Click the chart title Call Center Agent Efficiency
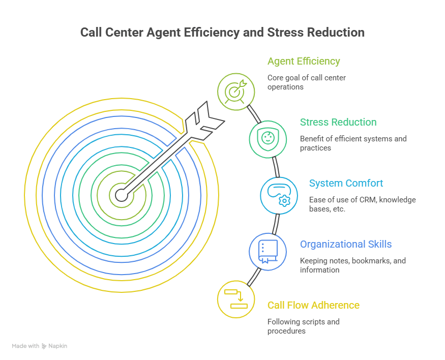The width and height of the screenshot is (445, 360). [x=222, y=33]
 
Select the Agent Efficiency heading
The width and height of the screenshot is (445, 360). [x=304, y=62]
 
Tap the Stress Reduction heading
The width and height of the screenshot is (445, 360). [x=338, y=123]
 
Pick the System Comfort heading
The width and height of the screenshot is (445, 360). [x=346, y=184]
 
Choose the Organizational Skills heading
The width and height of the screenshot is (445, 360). [x=345, y=245]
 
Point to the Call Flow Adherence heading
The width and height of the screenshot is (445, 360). [x=313, y=306]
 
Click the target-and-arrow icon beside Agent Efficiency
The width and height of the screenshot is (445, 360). [x=235, y=92]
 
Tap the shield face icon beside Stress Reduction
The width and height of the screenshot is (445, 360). [x=268, y=138]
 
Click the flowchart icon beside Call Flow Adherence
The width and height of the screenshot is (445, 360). [x=235, y=298]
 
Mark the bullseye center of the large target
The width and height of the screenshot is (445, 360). [x=121, y=194]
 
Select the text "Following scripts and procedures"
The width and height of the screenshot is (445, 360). [x=303, y=326]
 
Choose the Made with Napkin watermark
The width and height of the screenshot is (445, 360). [x=40, y=346]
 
